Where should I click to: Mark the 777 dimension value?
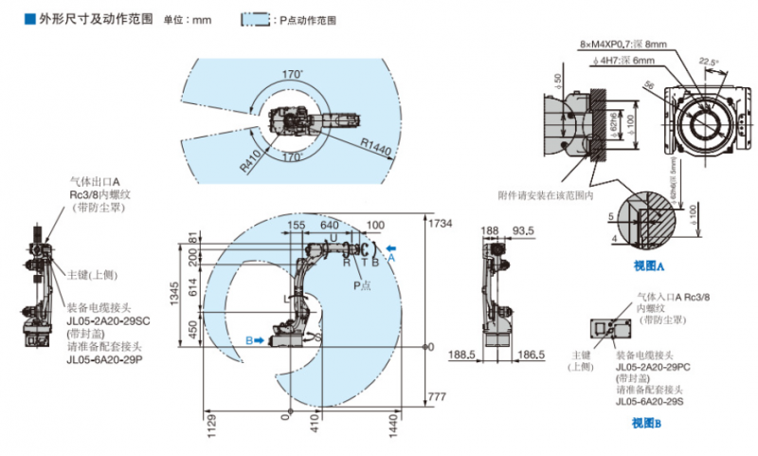pyautogui.click(x=437, y=395)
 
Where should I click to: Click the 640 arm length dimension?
pyautogui.click(x=329, y=226)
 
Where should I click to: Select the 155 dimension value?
pyautogui.click(x=297, y=226)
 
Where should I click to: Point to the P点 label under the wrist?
pyautogui.click(x=362, y=283)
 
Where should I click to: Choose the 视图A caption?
pyautogui.click(x=648, y=266)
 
